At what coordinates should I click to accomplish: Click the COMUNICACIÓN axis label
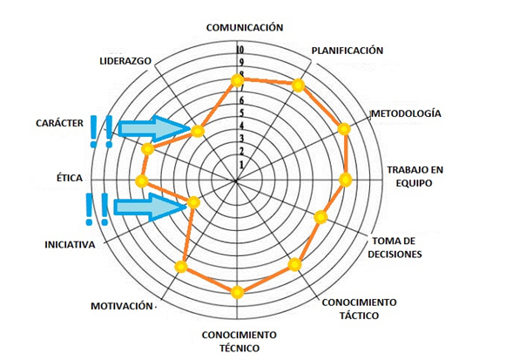(x=245, y=27)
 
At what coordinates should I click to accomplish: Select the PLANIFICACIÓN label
(x=347, y=51)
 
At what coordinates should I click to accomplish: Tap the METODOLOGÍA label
(x=407, y=113)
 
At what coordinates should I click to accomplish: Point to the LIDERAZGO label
(x=125, y=61)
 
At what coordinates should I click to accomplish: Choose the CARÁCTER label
(x=59, y=123)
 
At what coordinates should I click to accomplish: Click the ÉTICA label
(x=70, y=178)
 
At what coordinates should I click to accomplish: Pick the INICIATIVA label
(x=70, y=244)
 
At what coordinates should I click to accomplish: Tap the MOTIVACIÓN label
(x=122, y=306)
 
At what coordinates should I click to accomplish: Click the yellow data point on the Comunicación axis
(x=237, y=80)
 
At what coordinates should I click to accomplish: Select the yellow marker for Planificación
(x=298, y=85)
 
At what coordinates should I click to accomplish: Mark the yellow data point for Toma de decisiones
(x=320, y=217)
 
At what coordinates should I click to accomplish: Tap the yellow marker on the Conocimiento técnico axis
(x=237, y=293)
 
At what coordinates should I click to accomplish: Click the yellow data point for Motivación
(x=181, y=267)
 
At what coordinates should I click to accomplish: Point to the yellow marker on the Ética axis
(x=141, y=181)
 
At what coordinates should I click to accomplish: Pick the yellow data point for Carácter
(x=148, y=149)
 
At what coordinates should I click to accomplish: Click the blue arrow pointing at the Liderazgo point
(x=154, y=128)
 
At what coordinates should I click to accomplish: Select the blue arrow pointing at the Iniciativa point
(x=151, y=207)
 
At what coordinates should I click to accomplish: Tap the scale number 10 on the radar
(x=240, y=50)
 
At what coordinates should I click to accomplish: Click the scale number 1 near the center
(x=241, y=165)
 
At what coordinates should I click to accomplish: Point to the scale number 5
(x=241, y=113)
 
